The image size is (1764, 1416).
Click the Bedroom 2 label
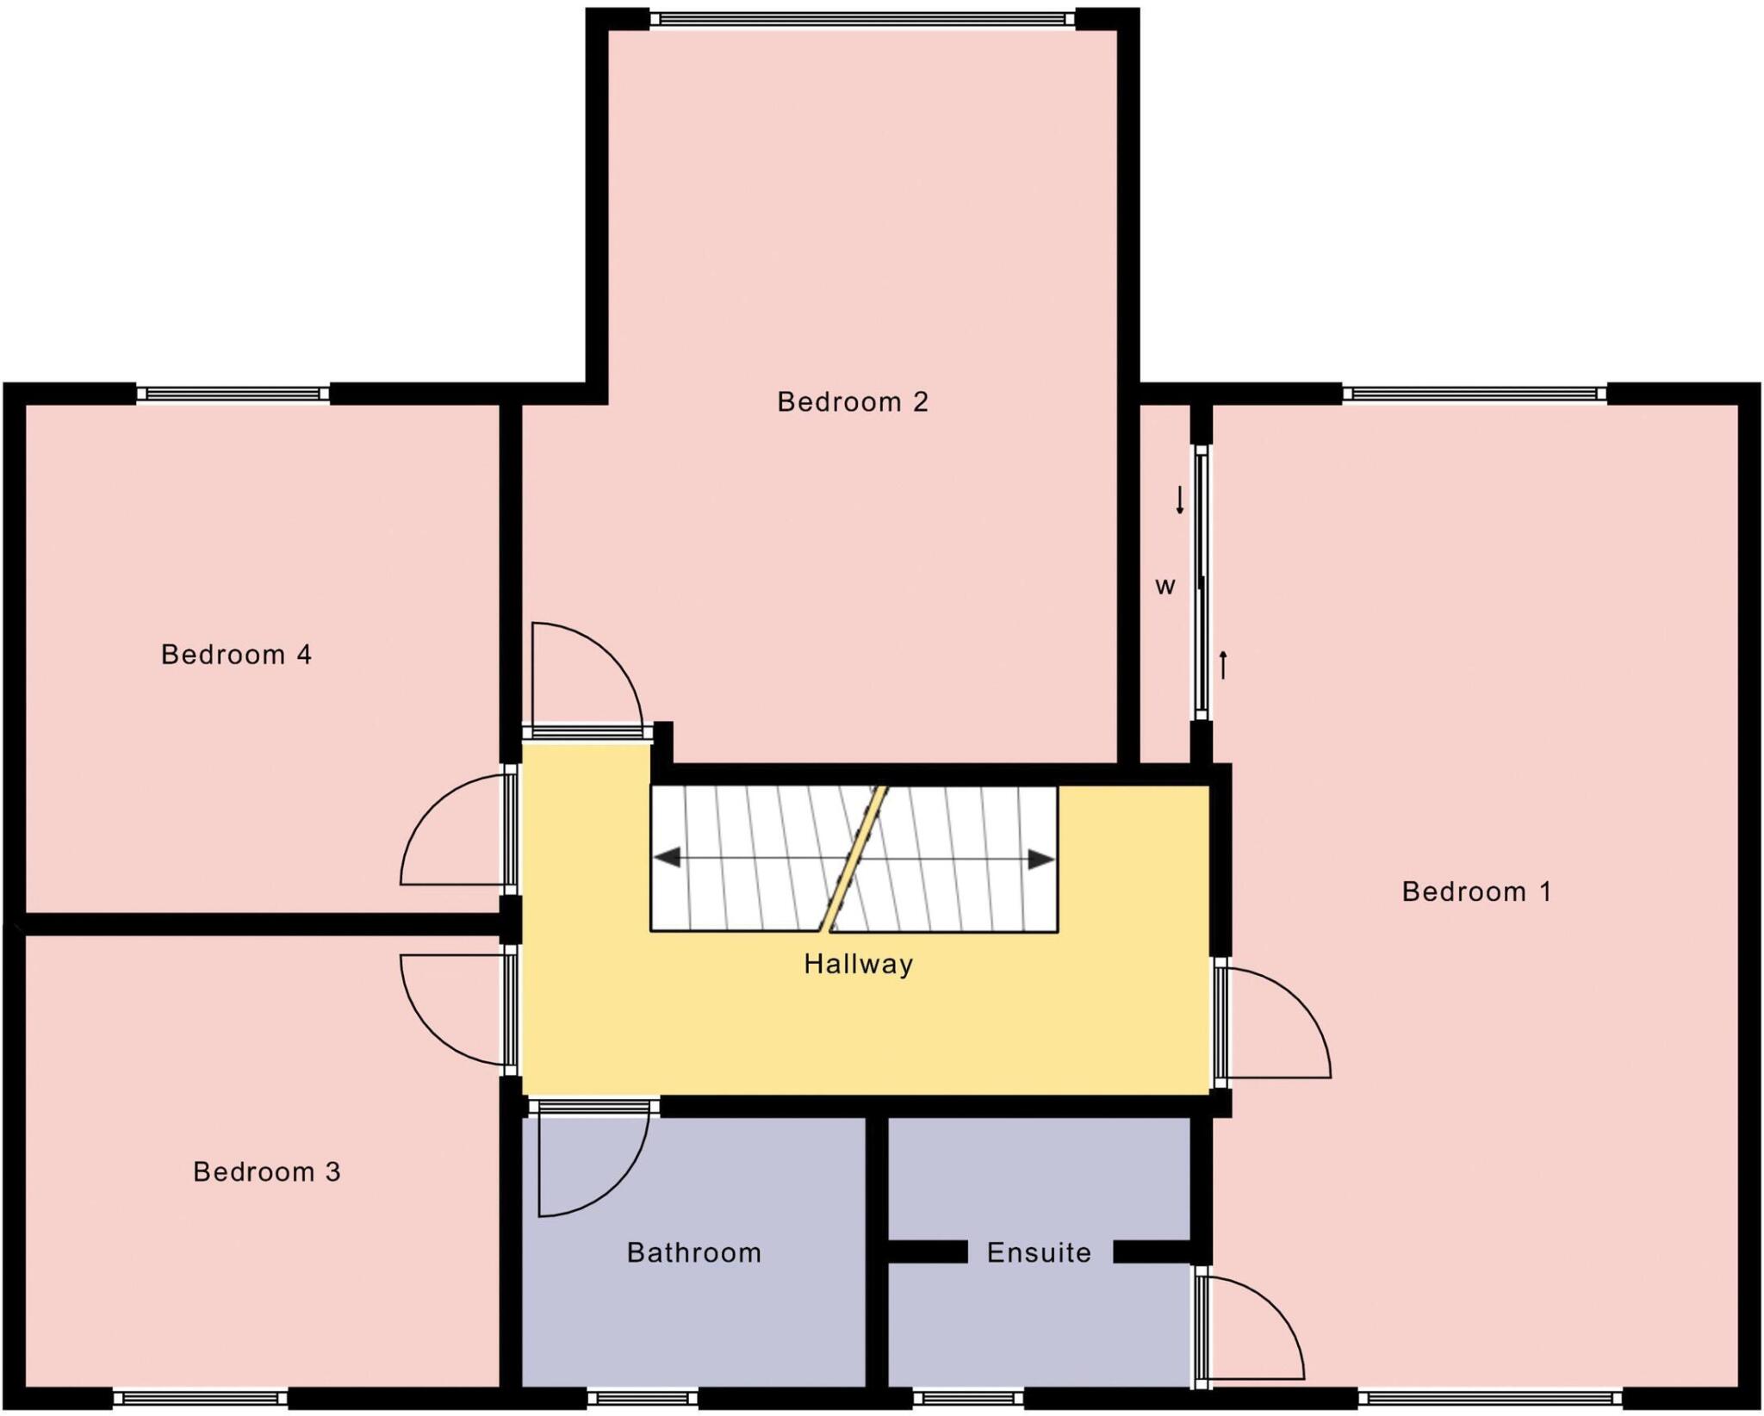tap(853, 402)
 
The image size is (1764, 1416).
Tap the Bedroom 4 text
tap(236, 655)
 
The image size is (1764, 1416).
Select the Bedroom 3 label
tap(267, 1172)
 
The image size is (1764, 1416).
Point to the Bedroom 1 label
tap(1476, 891)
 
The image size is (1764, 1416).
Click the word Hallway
tap(858, 964)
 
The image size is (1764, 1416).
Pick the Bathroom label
tap(693, 1252)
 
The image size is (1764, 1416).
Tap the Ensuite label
tap(1039, 1252)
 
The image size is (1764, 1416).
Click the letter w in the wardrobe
tap(1165, 587)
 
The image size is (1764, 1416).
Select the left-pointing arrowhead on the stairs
tap(668, 858)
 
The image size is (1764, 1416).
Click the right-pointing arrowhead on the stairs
tap(1041, 859)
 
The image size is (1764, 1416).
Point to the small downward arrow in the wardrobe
tap(1180, 500)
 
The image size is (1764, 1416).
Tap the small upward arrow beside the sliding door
tap(1222, 665)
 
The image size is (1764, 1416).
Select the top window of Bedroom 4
tap(233, 394)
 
